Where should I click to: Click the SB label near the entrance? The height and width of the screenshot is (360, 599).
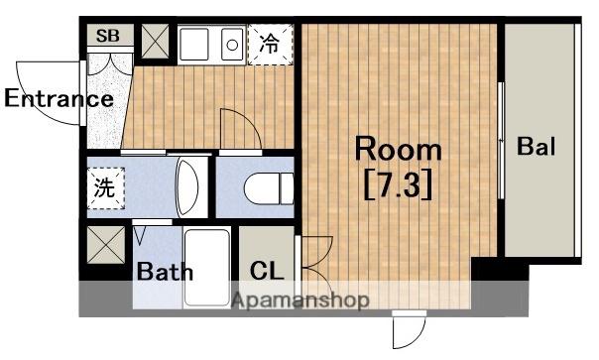pyautogui.click(x=108, y=36)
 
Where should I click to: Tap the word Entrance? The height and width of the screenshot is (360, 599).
pyautogui.click(x=59, y=98)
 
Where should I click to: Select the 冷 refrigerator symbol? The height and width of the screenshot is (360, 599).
pyautogui.click(x=271, y=45)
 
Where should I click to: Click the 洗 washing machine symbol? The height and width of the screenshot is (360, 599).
pyautogui.click(x=106, y=188)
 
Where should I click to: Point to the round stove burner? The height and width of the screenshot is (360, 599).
pyautogui.click(x=232, y=45)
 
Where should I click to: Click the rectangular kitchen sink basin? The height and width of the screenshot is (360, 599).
pyautogui.click(x=194, y=45)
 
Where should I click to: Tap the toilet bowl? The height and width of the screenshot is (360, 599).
pyautogui.click(x=269, y=188)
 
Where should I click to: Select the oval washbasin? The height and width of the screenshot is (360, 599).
pyautogui.click(x=186, y=188)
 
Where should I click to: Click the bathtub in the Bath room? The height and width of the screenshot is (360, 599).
pyautogui.click(x=207, y=268)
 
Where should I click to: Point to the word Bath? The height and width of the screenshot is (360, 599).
pyautogui.click(x=165, y=271)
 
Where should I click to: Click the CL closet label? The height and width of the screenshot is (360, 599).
pyautogui.click(x=267, y=271)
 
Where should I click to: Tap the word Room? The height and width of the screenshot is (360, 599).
pyautogui.click(x=398, y=149)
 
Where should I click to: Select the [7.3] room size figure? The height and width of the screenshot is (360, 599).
pyautogui.click(x=398, y=185)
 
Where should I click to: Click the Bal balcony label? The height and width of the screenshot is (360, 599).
pyautogui.click(x=536, y=146)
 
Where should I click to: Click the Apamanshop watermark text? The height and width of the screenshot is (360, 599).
pyautogui.click(x=300, y=300)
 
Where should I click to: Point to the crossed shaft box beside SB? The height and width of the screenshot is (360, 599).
pyautogui.click(x=155, y=42)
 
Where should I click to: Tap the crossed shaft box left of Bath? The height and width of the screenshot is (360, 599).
pyautogui.click(x=106, y=245)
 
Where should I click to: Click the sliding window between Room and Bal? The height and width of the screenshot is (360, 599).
pyautogui.click(x=501, y=140)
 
